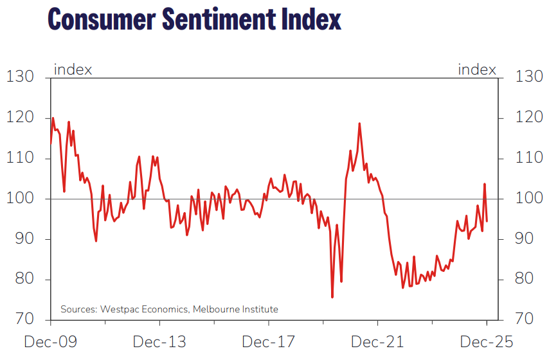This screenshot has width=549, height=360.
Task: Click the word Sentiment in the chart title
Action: [216, 19]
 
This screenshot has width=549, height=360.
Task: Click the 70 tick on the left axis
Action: [24, 319]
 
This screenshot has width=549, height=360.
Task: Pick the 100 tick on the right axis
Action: [530, 199]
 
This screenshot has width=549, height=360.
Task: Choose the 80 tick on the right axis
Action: [525, 280]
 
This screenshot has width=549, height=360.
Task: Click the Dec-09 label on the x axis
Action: [50, 341]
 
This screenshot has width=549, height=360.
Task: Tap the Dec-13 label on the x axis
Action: [159, 341]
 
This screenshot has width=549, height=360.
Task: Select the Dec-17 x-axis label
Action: [268, 341]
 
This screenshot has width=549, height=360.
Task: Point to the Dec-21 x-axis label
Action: [377, 341]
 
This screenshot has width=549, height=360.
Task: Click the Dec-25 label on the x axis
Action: [487, 341]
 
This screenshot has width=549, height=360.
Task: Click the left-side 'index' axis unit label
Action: [73, 69]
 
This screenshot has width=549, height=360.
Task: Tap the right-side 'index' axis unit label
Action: [477, 69]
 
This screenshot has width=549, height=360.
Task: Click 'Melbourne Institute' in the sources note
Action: [237, 309]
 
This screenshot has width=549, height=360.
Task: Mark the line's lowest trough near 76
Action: [332, 297]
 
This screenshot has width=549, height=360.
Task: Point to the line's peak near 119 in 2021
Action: [359, 123]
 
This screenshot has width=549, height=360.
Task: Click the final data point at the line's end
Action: [487, 221]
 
